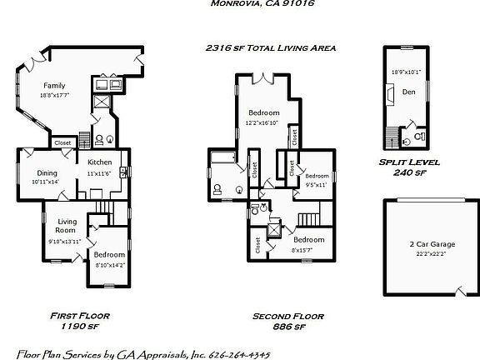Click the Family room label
pos(54,86)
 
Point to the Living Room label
pos(65,226)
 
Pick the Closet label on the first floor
pos(62,142)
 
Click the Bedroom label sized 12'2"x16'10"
pos(263,112)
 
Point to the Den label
pos(408,92)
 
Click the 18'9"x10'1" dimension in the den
pos(407,72)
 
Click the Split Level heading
pos(408,162)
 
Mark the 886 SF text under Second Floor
pos(287,327)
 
